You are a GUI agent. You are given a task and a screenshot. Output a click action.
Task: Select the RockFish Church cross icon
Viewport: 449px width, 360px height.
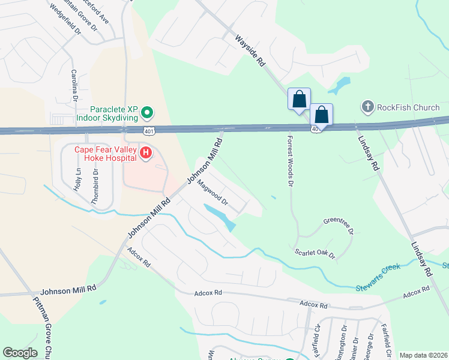click(x=367, y=107)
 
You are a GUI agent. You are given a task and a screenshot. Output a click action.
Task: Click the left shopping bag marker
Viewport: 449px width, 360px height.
click(x=299, y=99)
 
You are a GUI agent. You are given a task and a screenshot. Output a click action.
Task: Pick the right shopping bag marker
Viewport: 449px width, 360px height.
click(x=321, y=115)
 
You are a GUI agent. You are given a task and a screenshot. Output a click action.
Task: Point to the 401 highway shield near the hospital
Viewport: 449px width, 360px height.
click(x=148, y=130)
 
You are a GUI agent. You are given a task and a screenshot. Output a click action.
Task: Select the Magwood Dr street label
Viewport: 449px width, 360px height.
click(x=212, y=194)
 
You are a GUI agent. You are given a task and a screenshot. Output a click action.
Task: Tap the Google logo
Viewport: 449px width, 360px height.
click(x=20, y=353)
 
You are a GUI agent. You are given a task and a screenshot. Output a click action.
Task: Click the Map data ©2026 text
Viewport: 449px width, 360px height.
click(x=423, y=355)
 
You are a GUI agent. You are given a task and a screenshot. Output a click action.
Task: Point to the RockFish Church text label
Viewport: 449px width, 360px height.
click(x=408, y=107)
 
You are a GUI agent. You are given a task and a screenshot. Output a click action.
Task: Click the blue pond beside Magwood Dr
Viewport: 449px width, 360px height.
click(x=219, y=216)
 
